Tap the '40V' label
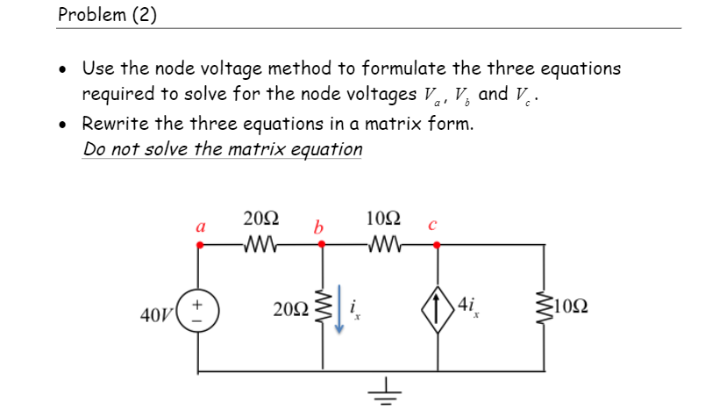click(x=157, y=314)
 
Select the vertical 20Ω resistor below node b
click(x=322, y=308)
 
